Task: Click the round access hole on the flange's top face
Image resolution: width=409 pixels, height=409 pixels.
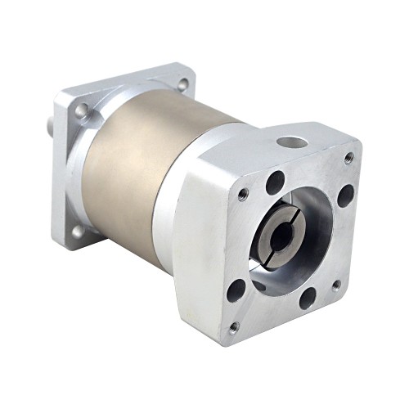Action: (x=291, y=142)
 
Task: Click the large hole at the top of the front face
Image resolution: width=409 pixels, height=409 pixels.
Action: (x=276, y=182)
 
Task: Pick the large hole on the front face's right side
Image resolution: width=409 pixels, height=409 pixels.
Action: (x=346, y=196)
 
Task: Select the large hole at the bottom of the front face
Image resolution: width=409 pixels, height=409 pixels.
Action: (x=308, y=298)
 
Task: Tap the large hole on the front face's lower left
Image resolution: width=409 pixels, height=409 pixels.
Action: (x=237, y=290)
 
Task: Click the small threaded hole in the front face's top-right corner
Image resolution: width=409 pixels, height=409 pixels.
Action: (x=349, y=157)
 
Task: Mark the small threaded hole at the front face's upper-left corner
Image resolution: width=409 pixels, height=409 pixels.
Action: (x=243, y=194)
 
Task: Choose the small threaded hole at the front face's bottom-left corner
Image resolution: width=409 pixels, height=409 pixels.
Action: (x=234, y=327)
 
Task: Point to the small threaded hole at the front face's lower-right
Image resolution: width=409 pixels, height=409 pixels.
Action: (x=336, y=285)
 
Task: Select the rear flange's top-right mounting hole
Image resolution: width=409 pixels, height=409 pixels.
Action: (x=182, y=83)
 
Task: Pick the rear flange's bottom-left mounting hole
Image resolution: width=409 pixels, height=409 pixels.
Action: (x=78, y=231)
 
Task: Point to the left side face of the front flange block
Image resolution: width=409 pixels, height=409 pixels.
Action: (x=196, y=245)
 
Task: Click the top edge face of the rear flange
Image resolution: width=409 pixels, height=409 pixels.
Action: (x=123, y=79)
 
